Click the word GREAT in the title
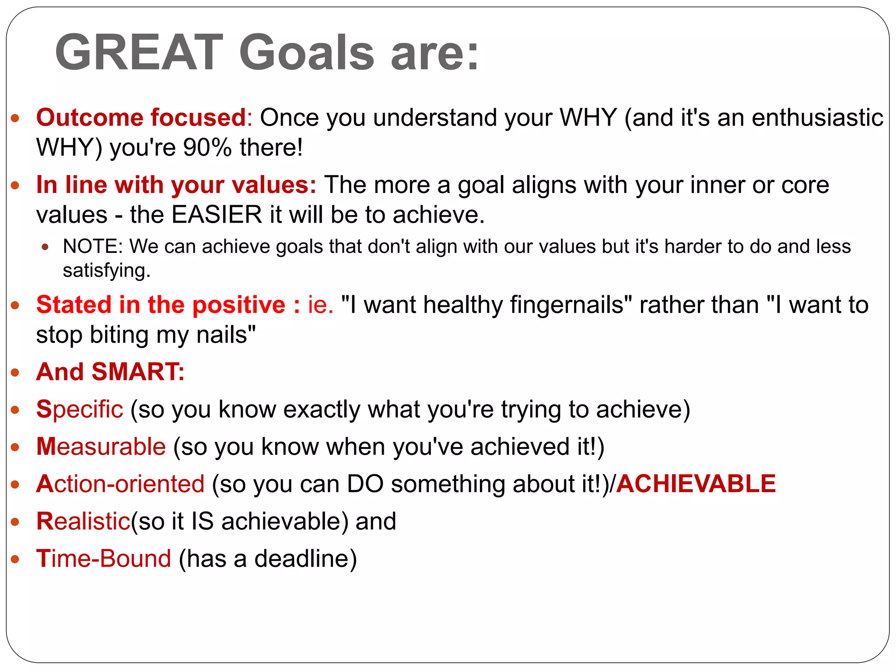139,52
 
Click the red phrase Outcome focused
141,118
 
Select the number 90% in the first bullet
207,147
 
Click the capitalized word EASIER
217,215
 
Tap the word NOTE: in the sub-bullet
93,246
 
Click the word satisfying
106,271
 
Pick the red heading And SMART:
110,372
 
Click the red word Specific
80,409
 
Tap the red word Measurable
101,447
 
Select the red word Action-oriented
120,484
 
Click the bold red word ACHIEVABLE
696,484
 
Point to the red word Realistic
83,521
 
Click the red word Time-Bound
103,559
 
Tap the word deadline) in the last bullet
305,559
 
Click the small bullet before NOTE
45,247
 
